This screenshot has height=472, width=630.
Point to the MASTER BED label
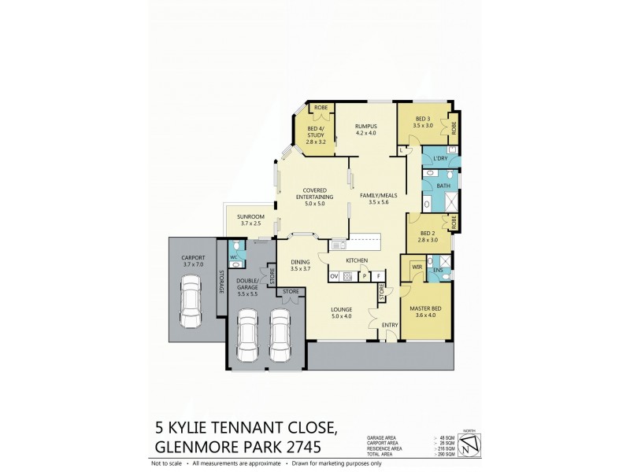pos(424,308)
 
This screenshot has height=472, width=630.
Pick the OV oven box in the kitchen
pos(334,275)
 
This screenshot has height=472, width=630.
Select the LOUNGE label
pos(341,309)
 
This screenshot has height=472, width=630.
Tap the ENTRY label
pos(389,324)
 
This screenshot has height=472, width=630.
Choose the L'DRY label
pos(440,159)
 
